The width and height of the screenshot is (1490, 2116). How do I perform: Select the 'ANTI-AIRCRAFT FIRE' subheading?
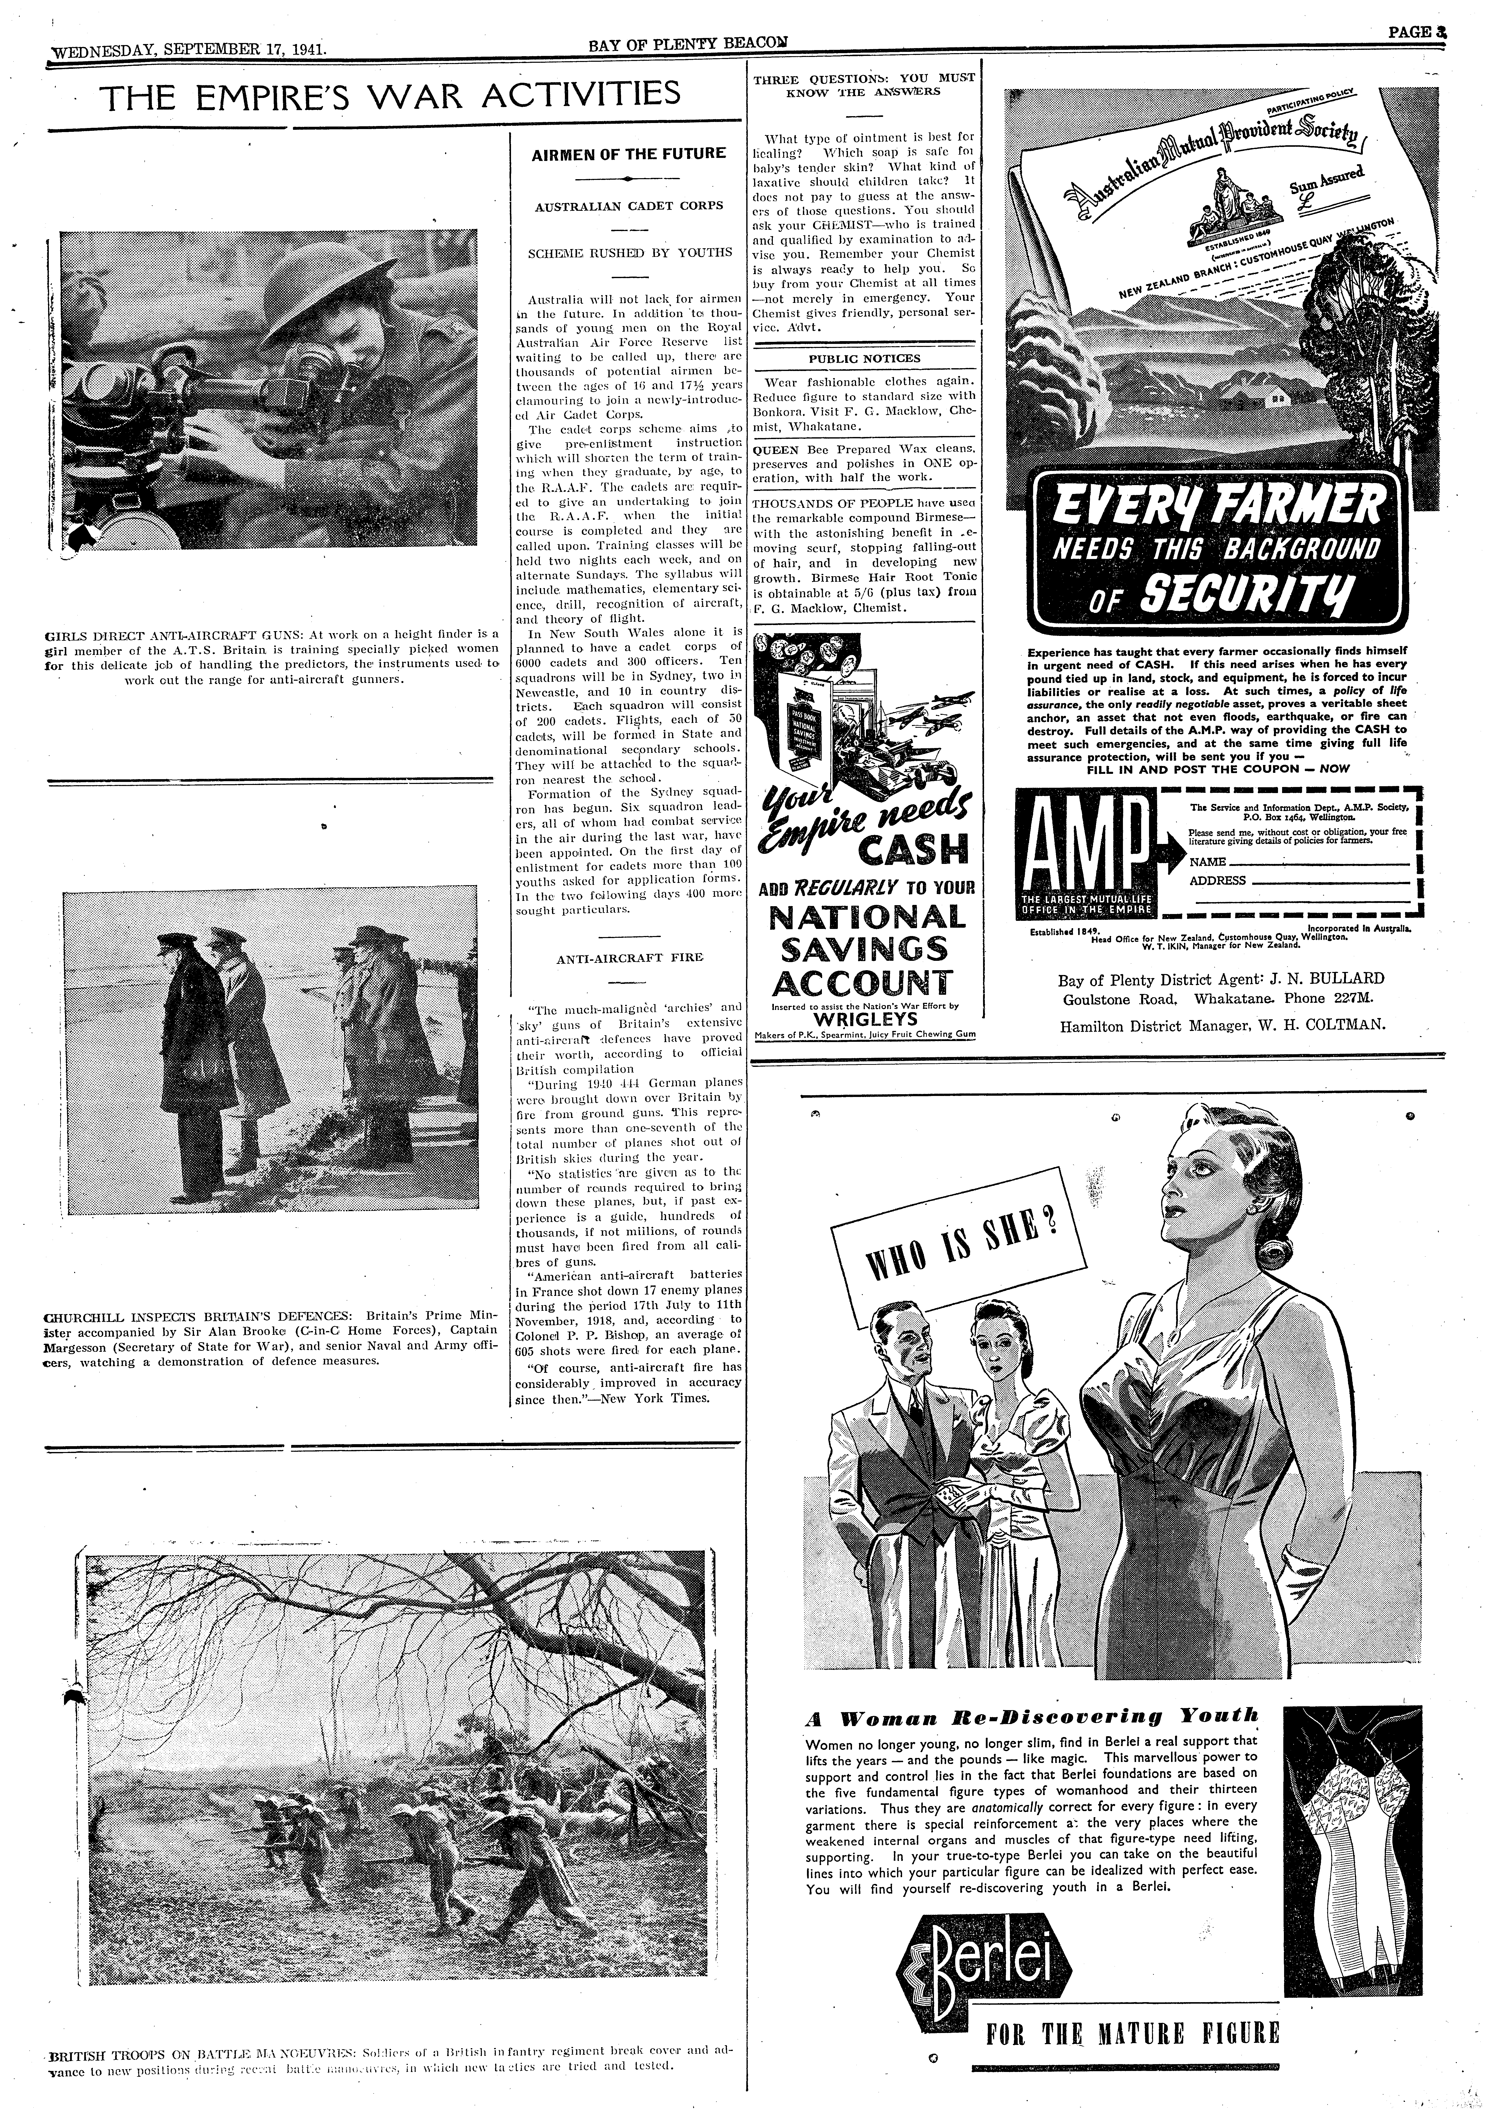(629, 959)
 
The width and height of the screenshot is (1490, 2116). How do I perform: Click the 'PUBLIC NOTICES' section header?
(864, 359)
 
